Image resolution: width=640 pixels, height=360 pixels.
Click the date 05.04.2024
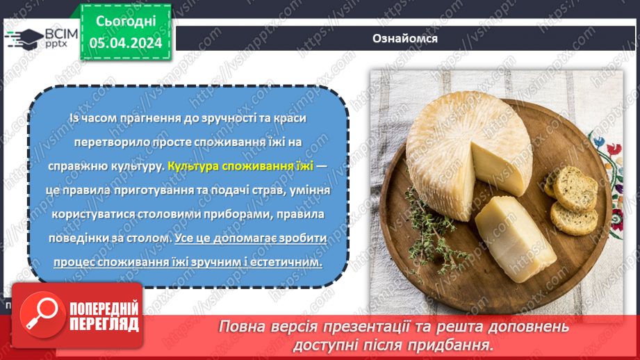tap(126, 44)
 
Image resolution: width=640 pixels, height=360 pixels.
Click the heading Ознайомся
tap(404, 38)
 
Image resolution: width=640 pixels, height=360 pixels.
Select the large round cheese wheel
tap(459, 146)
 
